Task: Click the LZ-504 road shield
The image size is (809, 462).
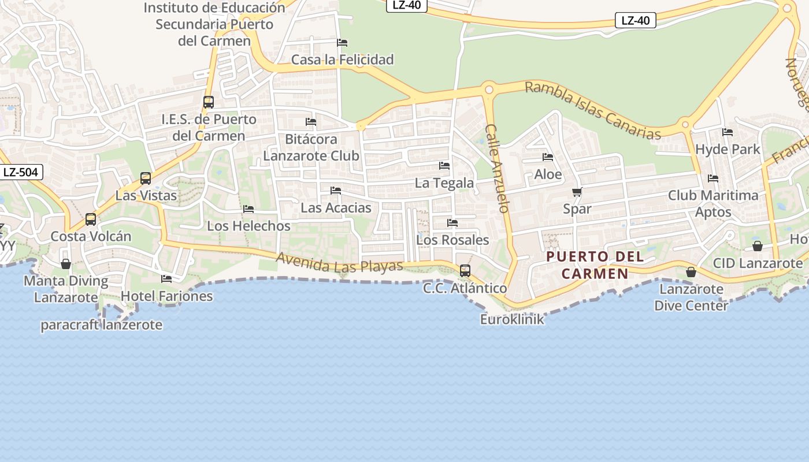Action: (21, 172)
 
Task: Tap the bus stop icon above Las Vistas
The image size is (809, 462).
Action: (146, 178)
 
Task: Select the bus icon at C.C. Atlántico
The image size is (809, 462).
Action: (465, 270)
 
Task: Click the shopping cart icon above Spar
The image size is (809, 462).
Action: (577, 192)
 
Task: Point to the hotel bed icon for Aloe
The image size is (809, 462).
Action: (548, 157)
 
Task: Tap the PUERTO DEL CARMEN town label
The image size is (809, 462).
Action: (595, 265)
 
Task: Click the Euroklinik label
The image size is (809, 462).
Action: (512, 319)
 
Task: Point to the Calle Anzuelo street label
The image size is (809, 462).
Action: (497, 168)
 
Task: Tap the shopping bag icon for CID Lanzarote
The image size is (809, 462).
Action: (757, 246)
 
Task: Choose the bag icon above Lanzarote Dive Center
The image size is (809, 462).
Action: (691, 272)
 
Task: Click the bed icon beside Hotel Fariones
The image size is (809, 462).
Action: (166, 279)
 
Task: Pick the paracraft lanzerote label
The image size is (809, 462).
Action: (101, 325)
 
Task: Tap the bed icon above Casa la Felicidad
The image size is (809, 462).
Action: (342, 43)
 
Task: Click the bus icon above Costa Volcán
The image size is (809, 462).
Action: (91, 219)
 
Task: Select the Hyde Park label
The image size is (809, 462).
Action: (728, 150)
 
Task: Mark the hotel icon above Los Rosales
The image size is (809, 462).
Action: (452, 223)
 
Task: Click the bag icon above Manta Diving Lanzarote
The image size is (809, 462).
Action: (66, 264)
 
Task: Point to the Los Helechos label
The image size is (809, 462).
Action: (248, 226)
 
